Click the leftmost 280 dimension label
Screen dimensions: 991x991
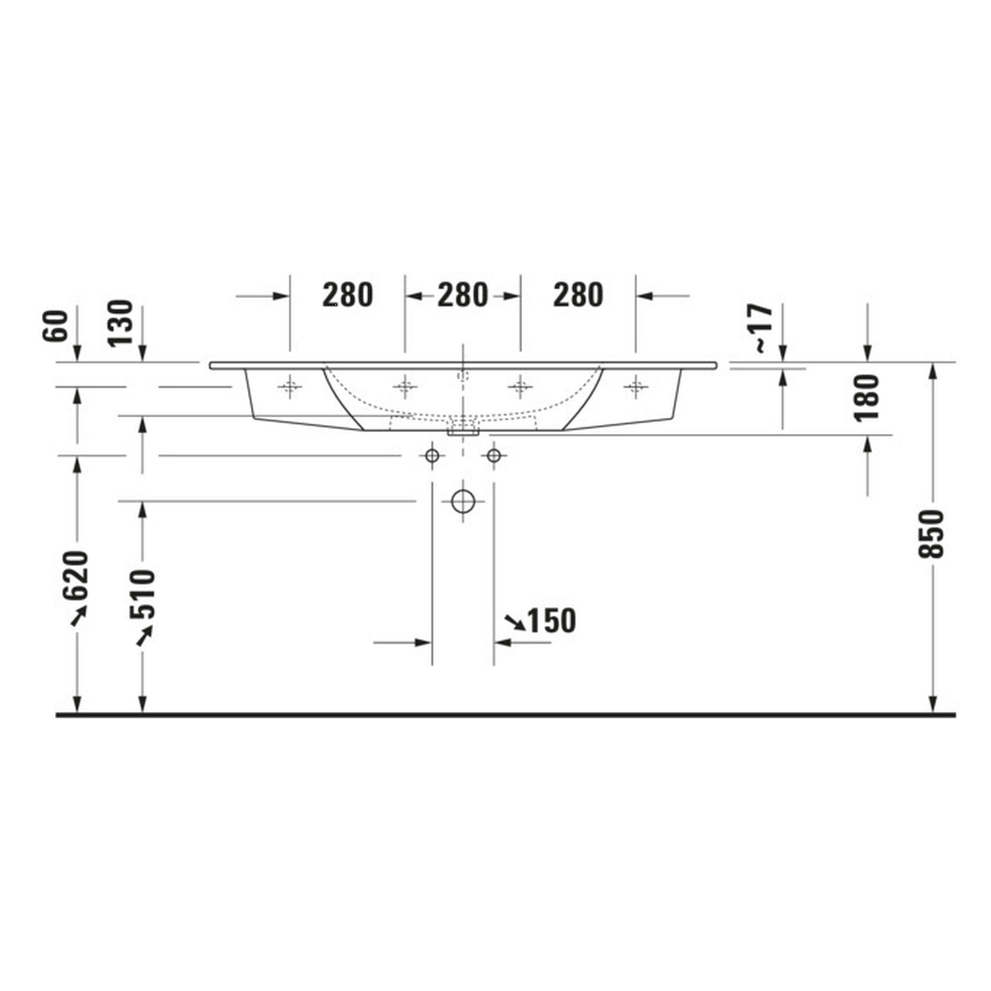click(x=348, y=295)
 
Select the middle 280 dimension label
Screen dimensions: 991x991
click(x=462, y=295)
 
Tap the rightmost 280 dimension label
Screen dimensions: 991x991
click(x=578, y=295)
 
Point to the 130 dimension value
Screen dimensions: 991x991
click(x=121, y=324)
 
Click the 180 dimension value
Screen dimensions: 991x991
click(x=868, y=397)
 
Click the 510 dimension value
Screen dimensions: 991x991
click(x=142, y=594)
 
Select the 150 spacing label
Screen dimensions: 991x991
click(x=551, y=621)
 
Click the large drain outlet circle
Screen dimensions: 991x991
click(x=463, y=502)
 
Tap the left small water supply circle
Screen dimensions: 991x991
click(x=432, y=455)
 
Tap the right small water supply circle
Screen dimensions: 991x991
click(x=494, y=455)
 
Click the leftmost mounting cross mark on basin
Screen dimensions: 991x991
click(x=290, y=386)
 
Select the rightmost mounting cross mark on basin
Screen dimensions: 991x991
click(x=636, y=386)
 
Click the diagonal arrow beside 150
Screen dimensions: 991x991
click(x=513, y=621)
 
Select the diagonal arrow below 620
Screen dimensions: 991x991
click(x=78, y=616)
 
